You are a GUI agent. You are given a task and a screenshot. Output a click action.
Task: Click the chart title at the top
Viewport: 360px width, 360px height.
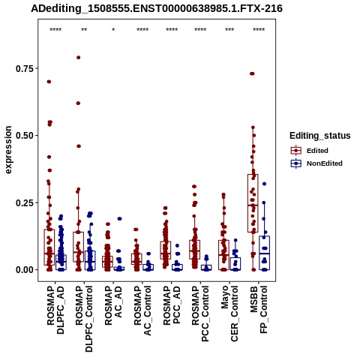click(157, 8)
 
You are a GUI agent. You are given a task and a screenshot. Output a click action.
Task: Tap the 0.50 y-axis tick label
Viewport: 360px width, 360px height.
click(24, 135)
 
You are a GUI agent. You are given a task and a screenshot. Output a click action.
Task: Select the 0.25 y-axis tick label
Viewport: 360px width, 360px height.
click(24, 202)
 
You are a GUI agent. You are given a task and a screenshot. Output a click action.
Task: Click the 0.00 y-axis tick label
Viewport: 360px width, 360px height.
click(24, 270)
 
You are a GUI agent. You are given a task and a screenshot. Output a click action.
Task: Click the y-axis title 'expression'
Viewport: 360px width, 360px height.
click(8, 150)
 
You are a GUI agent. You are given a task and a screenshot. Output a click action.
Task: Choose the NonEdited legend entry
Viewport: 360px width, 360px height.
click(316, 163)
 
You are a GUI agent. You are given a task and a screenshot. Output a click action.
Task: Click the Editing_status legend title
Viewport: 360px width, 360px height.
click(320, 136)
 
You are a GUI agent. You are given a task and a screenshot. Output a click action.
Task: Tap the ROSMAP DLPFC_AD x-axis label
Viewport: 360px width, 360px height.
click(55, 310)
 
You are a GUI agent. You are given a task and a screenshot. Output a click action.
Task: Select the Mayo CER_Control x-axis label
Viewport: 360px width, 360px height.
click(229, 313)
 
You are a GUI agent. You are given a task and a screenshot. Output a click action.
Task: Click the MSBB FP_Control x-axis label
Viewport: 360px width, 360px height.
click(259, 310)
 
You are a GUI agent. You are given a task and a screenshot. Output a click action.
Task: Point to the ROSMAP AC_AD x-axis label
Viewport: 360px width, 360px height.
click(113, 305)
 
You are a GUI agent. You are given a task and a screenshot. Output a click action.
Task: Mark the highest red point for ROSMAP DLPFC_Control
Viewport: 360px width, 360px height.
click(78, 58)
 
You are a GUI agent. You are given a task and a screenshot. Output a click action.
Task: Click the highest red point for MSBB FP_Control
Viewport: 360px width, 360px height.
click(252, 73)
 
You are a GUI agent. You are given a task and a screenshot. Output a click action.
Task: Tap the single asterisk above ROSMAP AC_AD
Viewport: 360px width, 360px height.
click(113, 30)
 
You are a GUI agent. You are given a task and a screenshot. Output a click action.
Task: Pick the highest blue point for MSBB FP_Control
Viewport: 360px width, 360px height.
click(264, 184)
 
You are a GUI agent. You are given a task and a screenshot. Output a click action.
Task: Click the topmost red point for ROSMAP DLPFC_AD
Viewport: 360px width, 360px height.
click(49, 82)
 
